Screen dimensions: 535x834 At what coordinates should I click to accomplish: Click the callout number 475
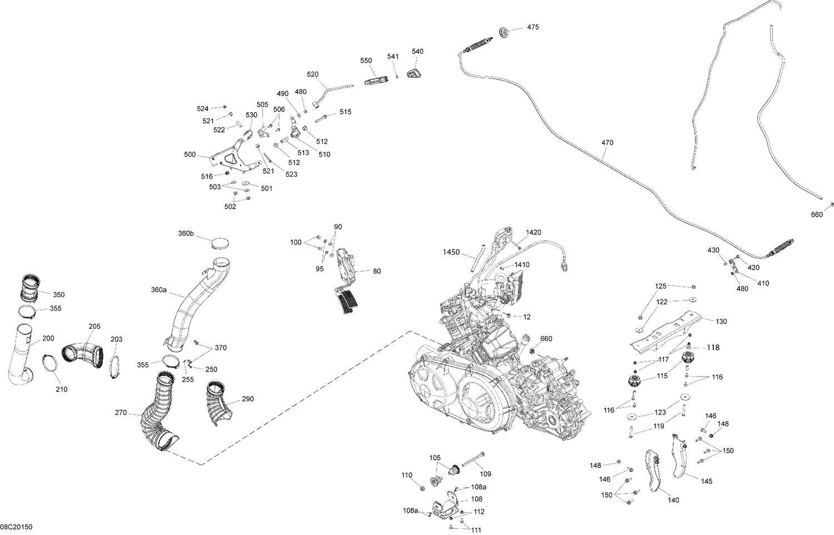(x=533, y=27)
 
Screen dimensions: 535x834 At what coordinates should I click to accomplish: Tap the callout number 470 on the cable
(x=607, y=143)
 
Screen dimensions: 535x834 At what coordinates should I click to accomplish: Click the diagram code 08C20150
(x=16, y=526)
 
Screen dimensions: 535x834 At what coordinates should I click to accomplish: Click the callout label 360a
(x=158, y=290)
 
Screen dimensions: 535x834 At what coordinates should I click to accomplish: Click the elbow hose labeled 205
(x=82, y=354)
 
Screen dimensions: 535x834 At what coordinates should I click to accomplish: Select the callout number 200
(x=48, y=338)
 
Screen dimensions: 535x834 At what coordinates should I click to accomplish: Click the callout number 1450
(x=451, y=252)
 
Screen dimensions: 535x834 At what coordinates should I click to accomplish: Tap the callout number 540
(x=418, y=52)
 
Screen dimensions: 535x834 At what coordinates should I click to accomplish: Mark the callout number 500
(x=190, y=154)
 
